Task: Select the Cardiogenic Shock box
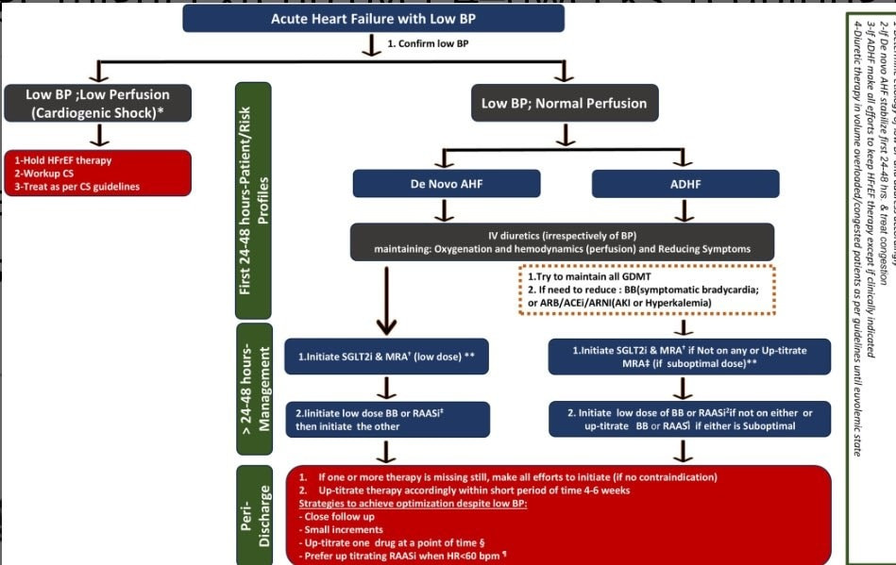tap(98, 104)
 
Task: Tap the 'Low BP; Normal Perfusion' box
tap(565, 103)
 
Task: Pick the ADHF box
tap(685, 184)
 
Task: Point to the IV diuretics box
tap(562, 241)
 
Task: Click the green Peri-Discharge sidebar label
tap(252, 514)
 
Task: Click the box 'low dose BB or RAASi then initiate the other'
tap(387, 420)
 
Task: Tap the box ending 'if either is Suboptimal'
tap(689, 420)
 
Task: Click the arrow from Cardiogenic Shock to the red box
tap(98, 136)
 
